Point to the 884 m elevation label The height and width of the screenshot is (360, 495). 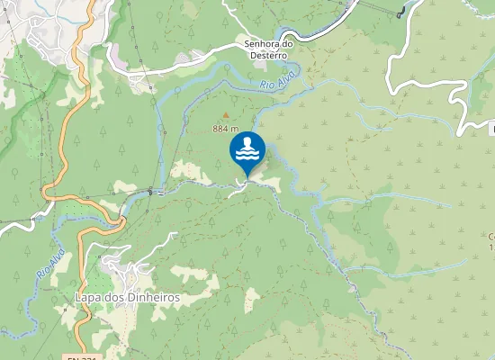click(x=225, y=129)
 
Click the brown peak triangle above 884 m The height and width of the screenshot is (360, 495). click(x=225, y=115)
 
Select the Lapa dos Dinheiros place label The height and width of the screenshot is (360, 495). click(x=129, y=297)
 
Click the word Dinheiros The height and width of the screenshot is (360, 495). click(x=150, y=297)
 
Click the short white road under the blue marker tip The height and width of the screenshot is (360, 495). click(x=241, y=186)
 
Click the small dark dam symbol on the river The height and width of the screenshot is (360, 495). click(x=149, y=190)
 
